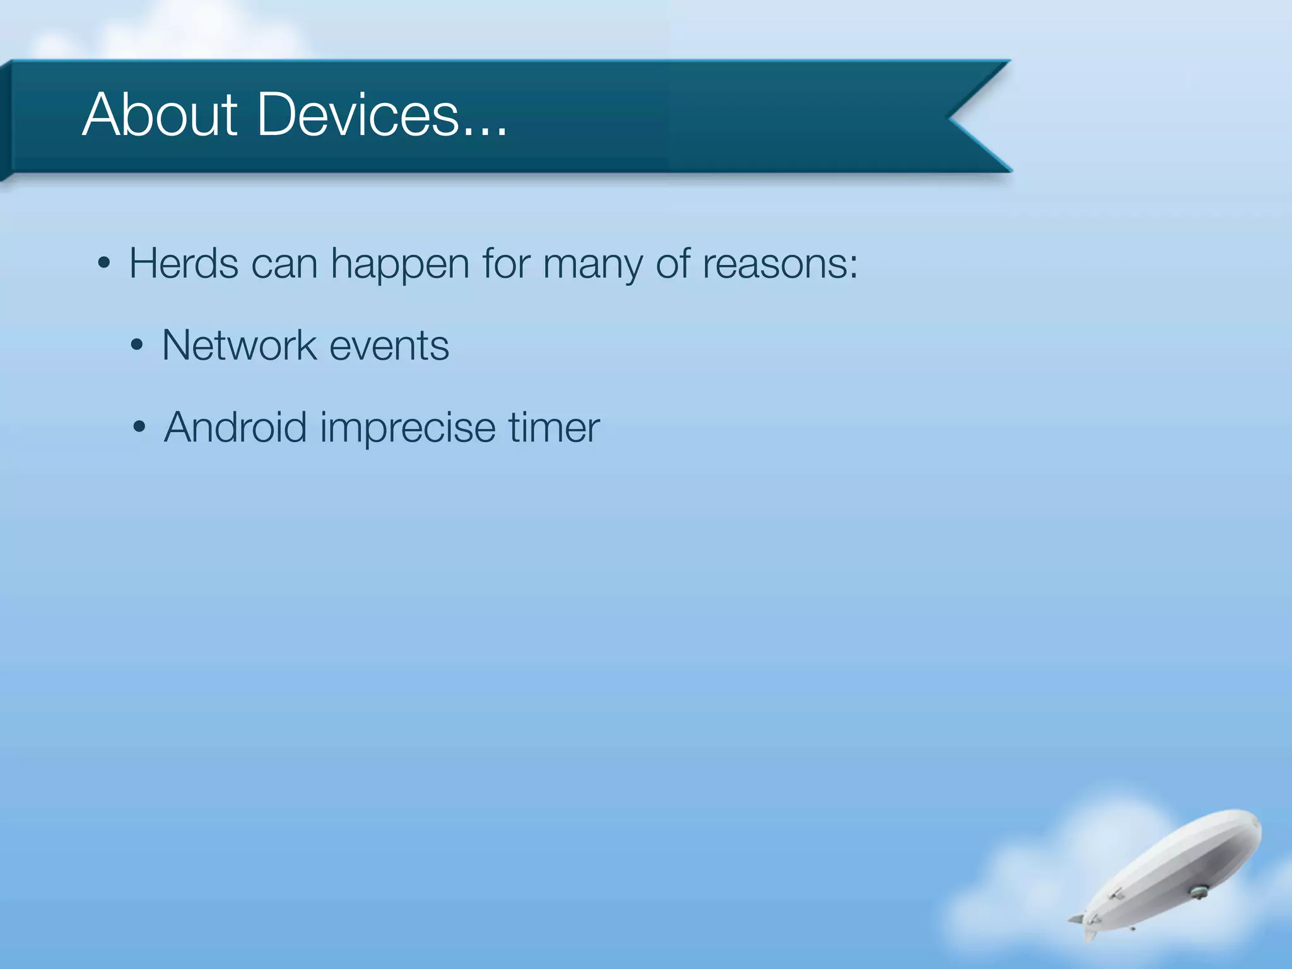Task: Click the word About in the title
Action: (x=160, y=115)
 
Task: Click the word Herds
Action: (x=184, y=264)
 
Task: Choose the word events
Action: (x=389, y=347)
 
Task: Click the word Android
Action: (x=235, y=428)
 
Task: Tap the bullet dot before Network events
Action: (x=137, y=346)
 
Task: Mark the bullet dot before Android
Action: (x=139, y=428)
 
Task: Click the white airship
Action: (x=1180, y=871)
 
